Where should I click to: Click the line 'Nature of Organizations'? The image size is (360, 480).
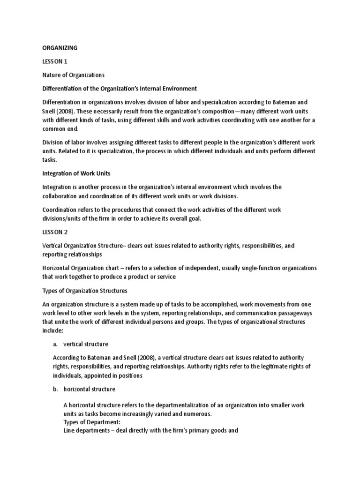coord(73,75)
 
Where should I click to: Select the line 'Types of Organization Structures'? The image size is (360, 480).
coord(84,290)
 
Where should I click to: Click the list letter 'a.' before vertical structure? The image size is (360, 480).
coord(55,344)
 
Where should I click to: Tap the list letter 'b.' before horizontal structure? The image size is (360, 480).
coord(55,389)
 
